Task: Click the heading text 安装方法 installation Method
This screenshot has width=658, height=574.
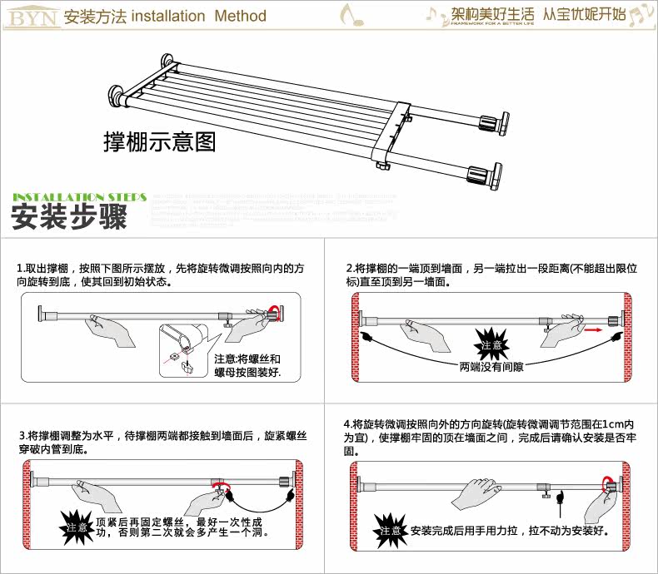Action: (165, 17)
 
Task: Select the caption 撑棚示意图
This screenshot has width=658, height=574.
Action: (159, 141)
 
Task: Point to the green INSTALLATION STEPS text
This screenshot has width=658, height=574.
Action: (80, 196)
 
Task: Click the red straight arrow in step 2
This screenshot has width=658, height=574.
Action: (592, 329)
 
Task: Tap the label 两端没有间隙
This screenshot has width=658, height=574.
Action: (489, 366)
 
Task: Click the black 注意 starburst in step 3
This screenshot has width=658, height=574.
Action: (77, 527)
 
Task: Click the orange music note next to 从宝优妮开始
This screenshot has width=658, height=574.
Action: (640, 13)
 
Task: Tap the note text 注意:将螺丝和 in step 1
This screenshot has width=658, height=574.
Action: (247, 359)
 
